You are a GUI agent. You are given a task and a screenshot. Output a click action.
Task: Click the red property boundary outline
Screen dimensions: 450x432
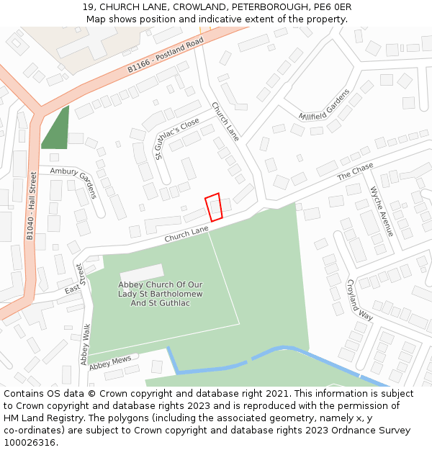[x=213, y=207]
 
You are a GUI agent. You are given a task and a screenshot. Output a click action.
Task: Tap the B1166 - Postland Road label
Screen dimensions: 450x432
[x=166, y=55]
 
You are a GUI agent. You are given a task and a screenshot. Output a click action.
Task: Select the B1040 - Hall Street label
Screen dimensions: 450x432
[x=30, y=205]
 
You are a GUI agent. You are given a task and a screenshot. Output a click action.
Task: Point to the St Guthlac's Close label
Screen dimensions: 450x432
[x=176, y=139]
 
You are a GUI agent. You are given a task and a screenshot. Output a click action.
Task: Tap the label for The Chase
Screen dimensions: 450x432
[x=356, y=172]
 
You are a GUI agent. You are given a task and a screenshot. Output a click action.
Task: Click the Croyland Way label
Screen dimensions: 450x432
[x=359, y=300]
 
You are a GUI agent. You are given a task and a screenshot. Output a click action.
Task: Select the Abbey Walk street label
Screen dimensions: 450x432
[x=86, y=344]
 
